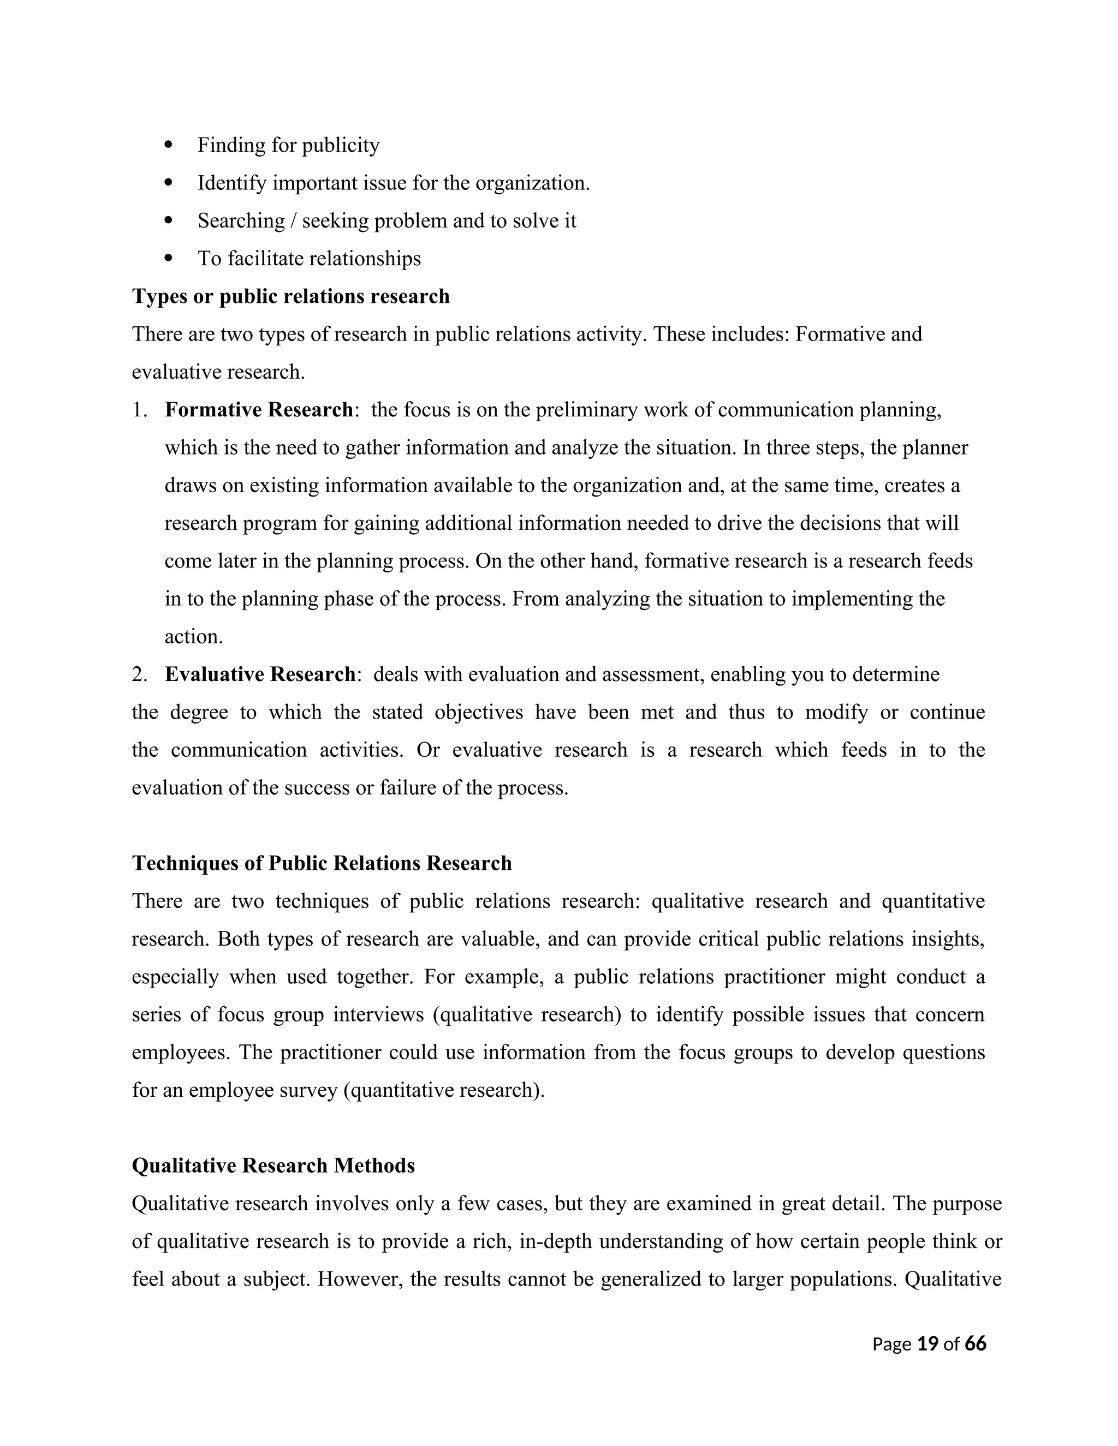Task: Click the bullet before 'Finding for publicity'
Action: (x=168, y=145)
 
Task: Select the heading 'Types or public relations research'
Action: (x=291, y=296)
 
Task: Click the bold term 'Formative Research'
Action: (x=258, y=410)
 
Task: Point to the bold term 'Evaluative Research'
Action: (x=260, y=674)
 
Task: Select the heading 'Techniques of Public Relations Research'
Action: (x=322, y=863)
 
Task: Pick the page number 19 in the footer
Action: (x=927, y=1343)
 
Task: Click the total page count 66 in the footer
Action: (x=976, y=1343)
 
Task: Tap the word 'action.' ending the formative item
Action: (x=193, y=636)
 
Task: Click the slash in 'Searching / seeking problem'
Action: (x=293, y=220)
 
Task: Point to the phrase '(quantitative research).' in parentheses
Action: (x=444, y=1090)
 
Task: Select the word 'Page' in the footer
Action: (x=891, y=1344)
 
